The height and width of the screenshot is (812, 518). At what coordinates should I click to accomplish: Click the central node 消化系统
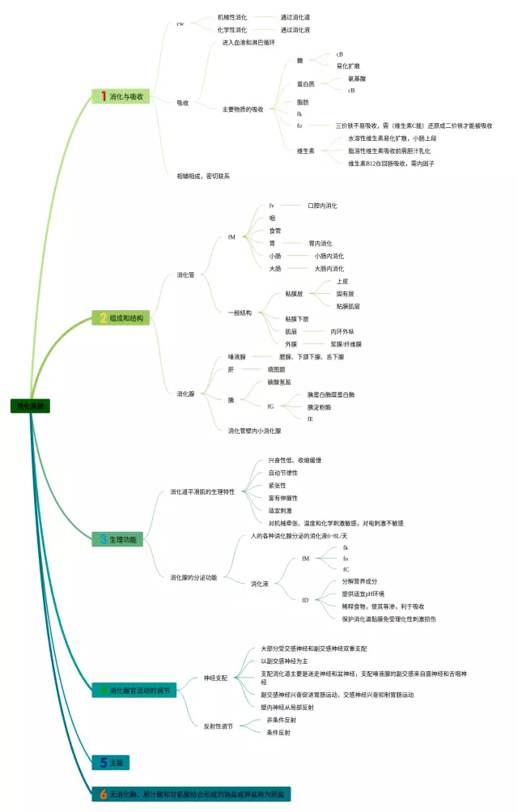30,406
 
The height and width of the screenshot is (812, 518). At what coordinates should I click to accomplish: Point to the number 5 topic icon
103,762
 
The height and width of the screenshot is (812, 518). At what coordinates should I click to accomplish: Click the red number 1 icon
103,96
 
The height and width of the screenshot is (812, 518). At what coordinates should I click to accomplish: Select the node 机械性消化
232,17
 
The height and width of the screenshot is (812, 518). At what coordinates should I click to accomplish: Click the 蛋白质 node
305,84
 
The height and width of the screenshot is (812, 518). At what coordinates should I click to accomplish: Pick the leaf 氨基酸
357,79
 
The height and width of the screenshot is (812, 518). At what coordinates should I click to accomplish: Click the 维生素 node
305,151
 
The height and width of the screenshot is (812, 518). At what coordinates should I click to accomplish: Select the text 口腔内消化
322,206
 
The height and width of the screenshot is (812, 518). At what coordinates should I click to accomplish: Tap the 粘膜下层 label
296,319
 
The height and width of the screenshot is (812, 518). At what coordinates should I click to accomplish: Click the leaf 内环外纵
342,331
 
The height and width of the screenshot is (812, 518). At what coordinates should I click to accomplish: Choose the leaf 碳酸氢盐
279,381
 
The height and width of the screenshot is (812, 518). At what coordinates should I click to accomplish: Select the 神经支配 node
215,677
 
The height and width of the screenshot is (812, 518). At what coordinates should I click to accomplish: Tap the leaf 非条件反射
281,720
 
